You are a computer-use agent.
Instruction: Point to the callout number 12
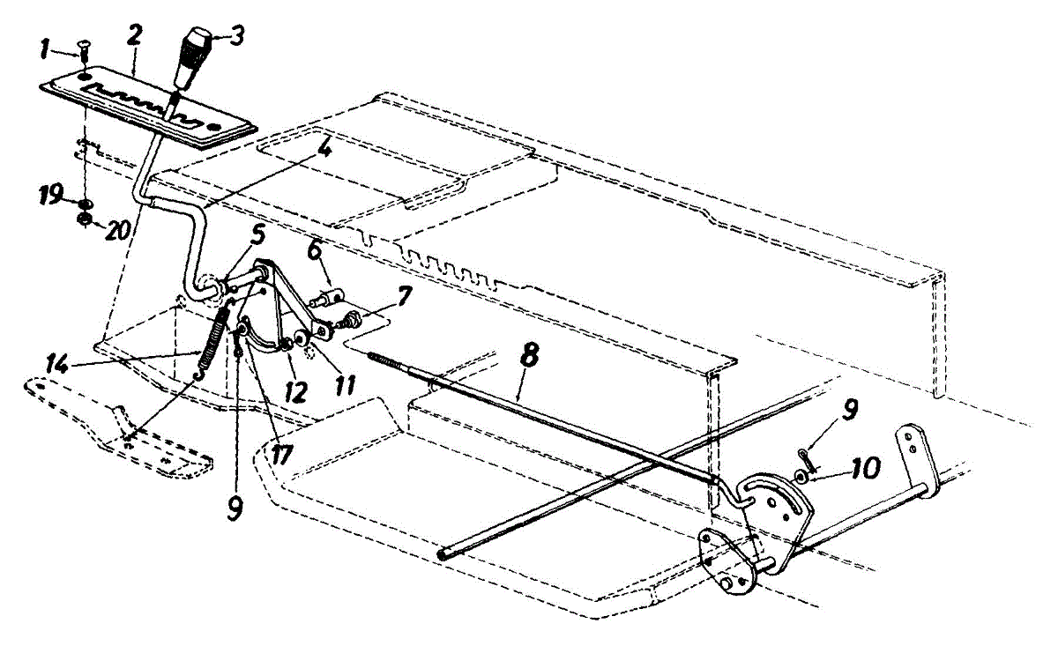[294, 391]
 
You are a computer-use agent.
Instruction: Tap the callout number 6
[314, 252]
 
